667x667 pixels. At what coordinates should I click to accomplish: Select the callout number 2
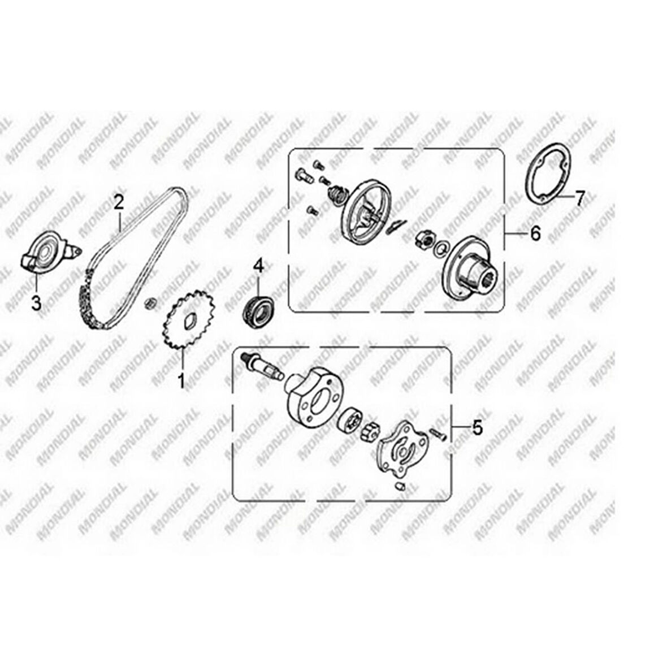[118, 202]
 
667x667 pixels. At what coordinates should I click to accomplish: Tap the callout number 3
[37, 304]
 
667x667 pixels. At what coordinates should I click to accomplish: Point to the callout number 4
[259, 267]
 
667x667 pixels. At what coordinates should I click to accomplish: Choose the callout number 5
[478, 427]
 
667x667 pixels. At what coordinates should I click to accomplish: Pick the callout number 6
[535, 233]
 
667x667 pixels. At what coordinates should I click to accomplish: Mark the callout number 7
[580, 198]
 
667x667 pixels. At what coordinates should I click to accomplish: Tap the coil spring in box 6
[338, 195]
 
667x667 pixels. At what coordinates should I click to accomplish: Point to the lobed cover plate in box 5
[401, 448]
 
